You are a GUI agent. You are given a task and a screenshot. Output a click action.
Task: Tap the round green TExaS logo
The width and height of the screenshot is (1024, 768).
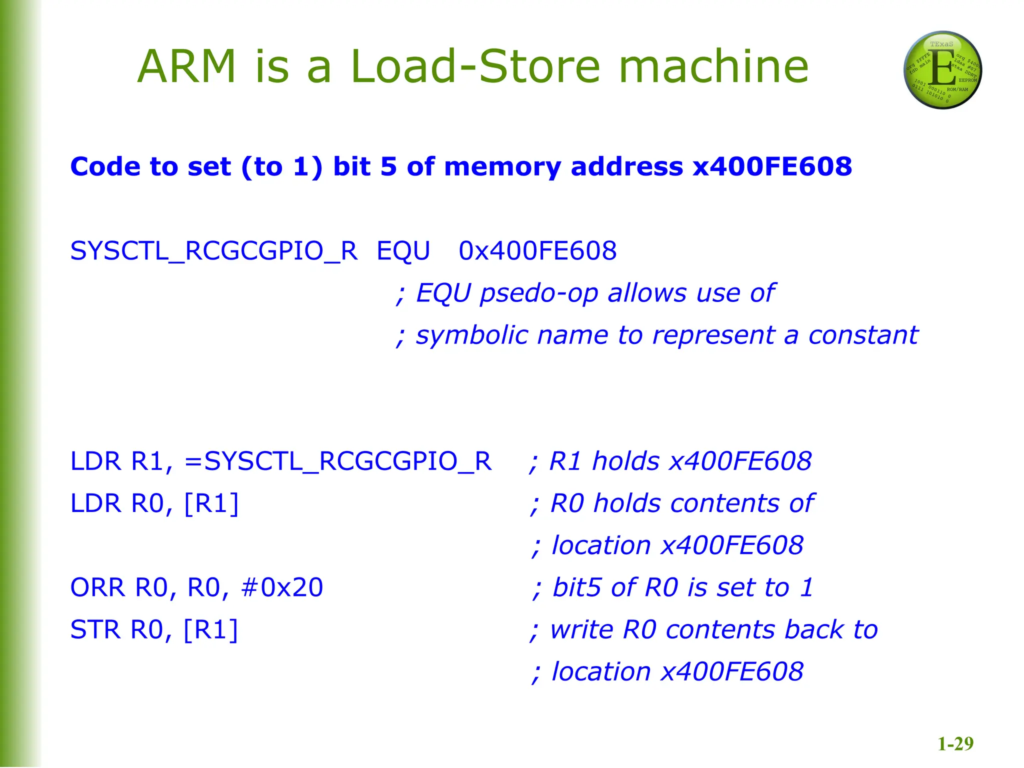[x=942, y=70]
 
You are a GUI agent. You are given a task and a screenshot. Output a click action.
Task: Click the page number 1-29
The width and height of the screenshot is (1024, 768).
[x=955, y=744]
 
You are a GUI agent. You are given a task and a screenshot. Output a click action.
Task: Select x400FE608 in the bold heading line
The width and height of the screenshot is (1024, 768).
[x=772, y=166]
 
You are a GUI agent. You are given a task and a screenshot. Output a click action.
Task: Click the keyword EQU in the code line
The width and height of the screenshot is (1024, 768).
[x=403, y=250]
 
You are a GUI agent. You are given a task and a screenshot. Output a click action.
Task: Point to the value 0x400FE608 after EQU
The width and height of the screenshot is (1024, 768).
[x=537, y=250]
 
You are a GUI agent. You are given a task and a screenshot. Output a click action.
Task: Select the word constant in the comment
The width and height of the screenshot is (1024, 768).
[x=863, y=335]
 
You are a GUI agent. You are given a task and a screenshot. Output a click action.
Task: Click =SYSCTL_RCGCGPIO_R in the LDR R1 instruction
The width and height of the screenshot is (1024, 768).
[x=338, y=461]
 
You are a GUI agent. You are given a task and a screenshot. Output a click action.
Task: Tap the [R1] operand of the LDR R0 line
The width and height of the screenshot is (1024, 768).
[x=211, y=503]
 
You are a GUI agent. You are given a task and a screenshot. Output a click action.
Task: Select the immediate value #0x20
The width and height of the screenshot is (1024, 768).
[x=282, y=587]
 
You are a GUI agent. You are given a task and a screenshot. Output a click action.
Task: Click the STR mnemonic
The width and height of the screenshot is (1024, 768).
[x=95, y=629]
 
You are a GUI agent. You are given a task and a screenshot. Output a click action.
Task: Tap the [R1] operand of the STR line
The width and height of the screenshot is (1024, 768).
[x=210, y=629]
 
